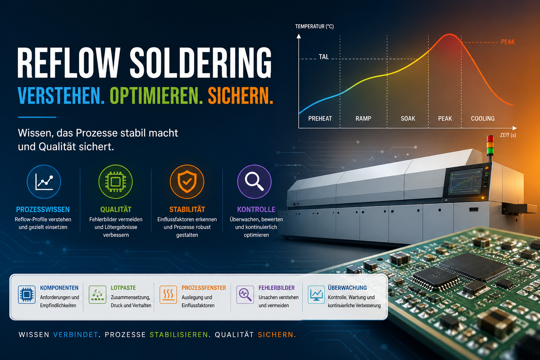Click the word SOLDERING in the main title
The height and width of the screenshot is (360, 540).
201,63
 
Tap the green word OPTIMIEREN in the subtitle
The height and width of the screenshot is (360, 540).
156,96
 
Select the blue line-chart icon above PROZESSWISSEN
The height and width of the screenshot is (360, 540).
44,182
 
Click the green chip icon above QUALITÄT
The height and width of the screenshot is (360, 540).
115,182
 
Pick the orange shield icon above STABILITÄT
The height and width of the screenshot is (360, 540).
187,182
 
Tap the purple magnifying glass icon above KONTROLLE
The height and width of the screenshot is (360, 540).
254,182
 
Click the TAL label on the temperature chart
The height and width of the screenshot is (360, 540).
323,57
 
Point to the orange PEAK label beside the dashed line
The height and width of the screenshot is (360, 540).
508,42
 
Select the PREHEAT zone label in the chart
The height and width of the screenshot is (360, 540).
320,118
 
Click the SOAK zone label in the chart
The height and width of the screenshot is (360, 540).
408,118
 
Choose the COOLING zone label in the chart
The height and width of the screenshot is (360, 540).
483,118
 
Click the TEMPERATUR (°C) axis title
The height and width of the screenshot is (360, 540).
314,26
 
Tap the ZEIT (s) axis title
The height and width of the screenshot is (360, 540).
508,135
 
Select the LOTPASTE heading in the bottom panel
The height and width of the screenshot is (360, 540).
123,288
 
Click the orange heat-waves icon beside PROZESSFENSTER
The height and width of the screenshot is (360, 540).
168,295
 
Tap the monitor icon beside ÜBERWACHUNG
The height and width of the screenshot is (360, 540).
316,295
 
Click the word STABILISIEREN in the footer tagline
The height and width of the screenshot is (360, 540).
179,335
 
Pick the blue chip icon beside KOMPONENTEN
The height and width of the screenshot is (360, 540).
27,295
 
